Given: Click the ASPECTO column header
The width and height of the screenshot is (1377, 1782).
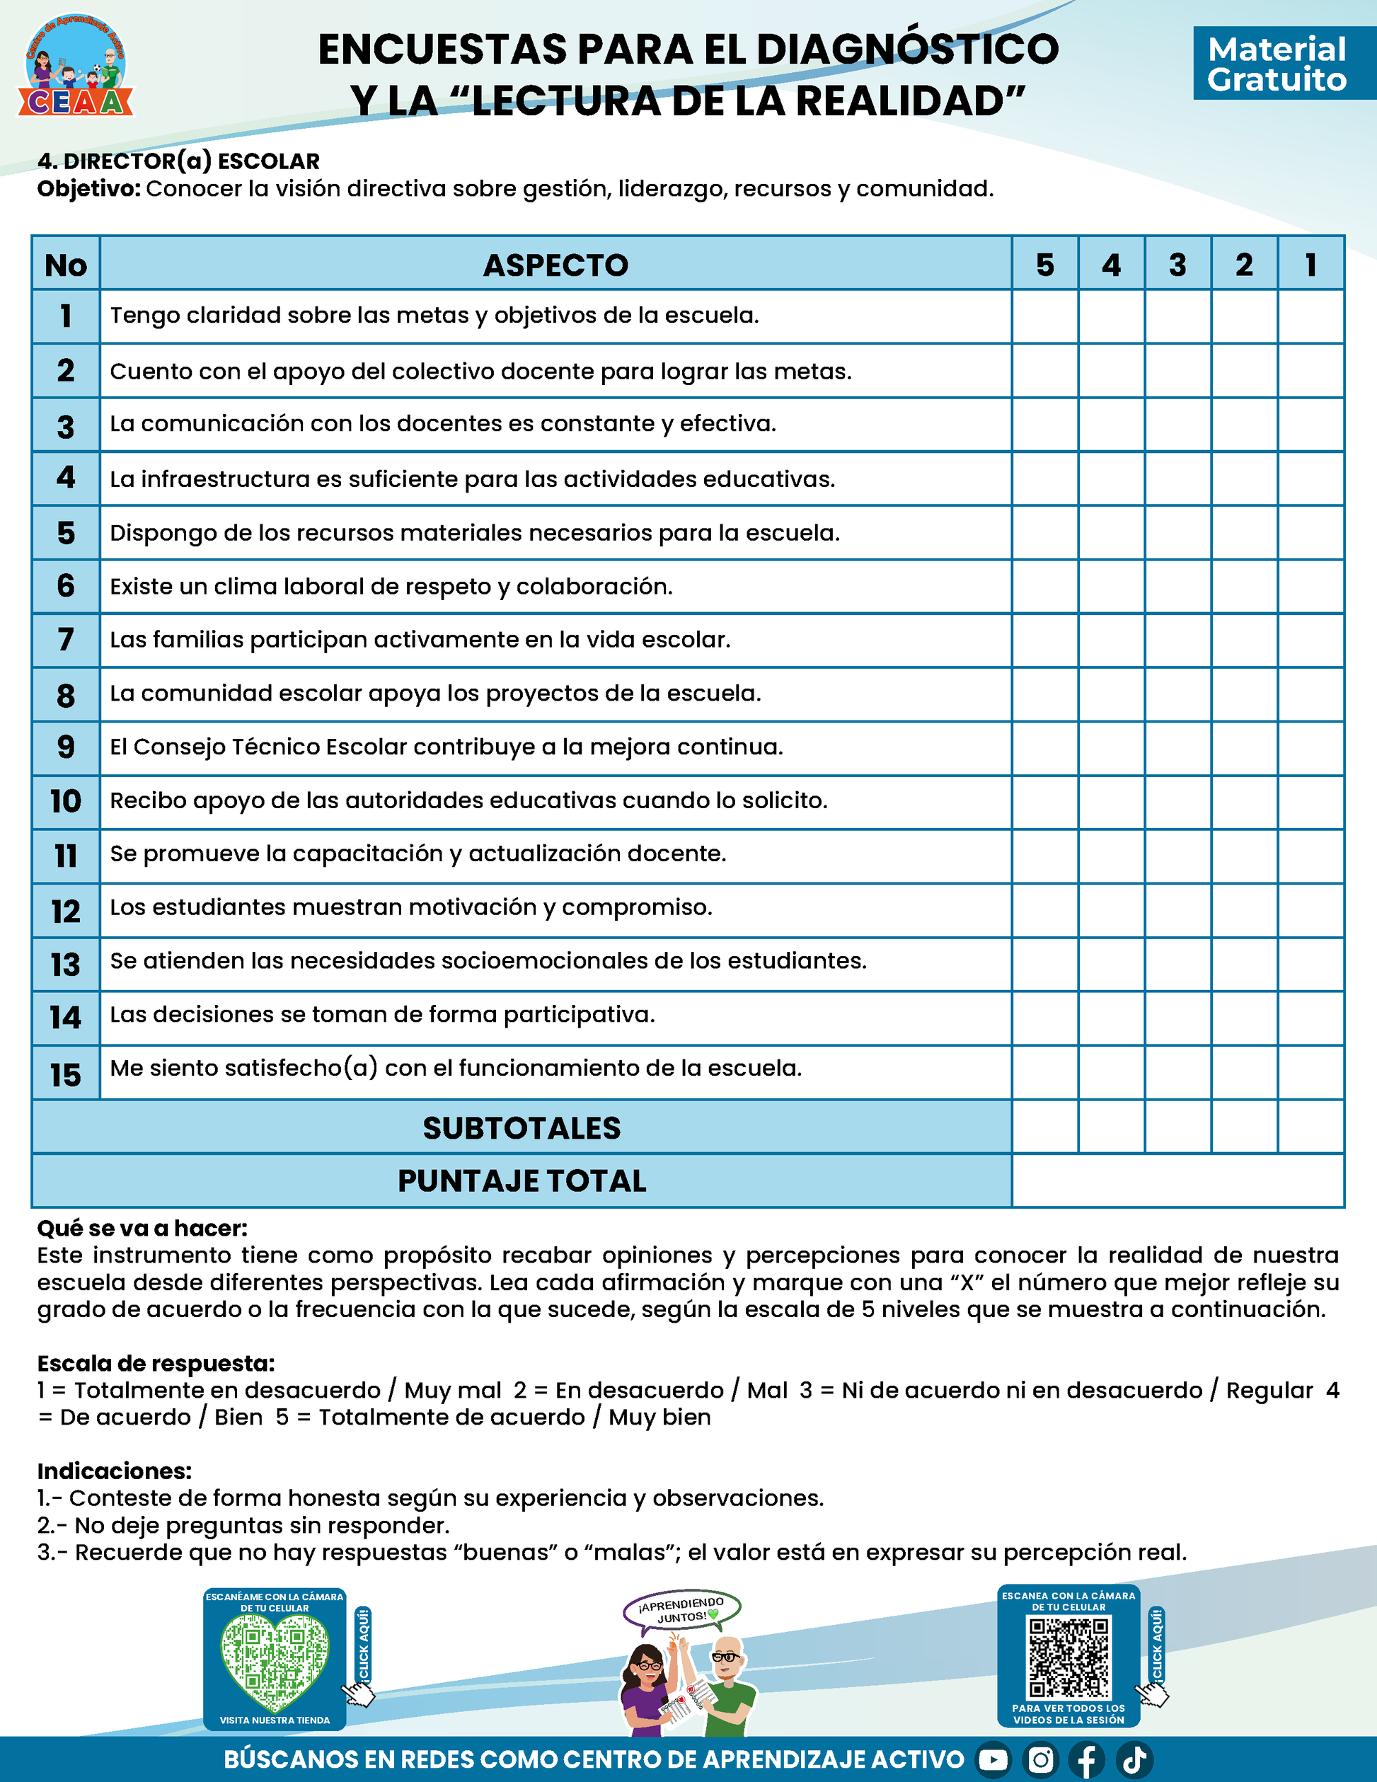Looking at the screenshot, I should click(x=555, y=265).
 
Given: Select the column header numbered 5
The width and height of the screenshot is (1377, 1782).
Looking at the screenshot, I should click(x=1045, y=265).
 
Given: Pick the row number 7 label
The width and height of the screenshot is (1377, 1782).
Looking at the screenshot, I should click(x=66, y=640).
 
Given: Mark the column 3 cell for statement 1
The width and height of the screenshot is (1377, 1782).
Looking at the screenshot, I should click(x=1178, y=316).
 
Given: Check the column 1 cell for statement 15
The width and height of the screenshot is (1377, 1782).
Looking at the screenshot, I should click(x=1311, y=1072).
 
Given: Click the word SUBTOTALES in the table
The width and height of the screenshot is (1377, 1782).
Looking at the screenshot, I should click(x=522, y=1127).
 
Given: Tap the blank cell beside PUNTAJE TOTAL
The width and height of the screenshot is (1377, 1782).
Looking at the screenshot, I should click(x=1178, y=1180).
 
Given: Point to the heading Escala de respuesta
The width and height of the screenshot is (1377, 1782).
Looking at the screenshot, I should click(x=156, y=1364).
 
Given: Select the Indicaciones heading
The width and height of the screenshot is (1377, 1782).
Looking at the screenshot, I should click(x=114, y=1471).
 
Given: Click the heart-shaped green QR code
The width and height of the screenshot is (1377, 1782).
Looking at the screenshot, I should click(x=275, y=1662).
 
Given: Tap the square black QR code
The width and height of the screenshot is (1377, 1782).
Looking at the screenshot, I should click(x=1068, y=1657).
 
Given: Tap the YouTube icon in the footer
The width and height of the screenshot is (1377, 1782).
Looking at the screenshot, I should click(x=993, y=1760).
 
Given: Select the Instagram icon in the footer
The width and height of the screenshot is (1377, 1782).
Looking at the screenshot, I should click(x=1040, y=1760).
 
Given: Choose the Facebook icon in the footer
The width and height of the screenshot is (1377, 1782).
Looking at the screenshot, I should click(x=1088, y=1760).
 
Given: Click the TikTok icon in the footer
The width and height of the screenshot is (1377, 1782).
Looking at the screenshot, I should click(x=1135, y=1760).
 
